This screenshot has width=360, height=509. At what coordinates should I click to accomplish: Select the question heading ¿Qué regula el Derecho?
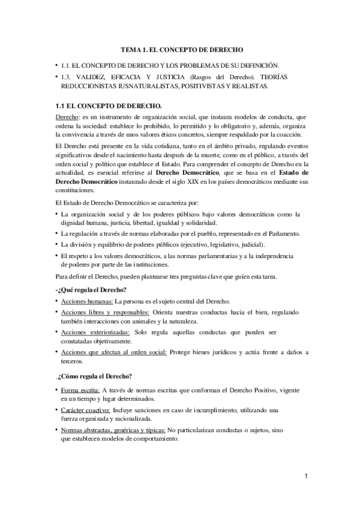(88, 291)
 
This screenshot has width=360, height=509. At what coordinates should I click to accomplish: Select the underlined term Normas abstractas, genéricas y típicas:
(113, 430)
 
